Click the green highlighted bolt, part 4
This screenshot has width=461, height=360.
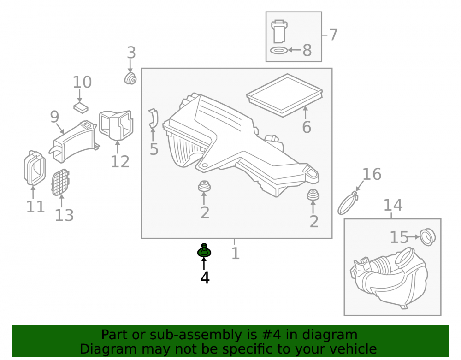[204, 251]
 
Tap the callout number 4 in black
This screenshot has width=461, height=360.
[205, 278]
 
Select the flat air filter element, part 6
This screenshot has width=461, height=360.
[284, 95]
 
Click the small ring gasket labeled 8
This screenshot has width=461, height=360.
[278, 51]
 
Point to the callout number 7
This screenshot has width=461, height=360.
[333, 35]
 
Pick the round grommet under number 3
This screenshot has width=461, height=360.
[130, 78]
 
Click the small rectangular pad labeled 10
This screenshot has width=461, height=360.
[81, 107]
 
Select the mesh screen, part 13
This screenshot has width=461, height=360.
[60, 183]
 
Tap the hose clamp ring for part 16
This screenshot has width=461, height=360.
[347, 203]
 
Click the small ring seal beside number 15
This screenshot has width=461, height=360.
[427, 237]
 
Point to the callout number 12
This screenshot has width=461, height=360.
[120, 162]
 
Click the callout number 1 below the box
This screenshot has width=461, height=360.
[236, 254]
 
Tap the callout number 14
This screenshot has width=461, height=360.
[393, 205]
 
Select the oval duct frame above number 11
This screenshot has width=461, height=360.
[35, 168]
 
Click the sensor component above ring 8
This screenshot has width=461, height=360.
[278, 31]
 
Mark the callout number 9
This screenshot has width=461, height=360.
[55, 117]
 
